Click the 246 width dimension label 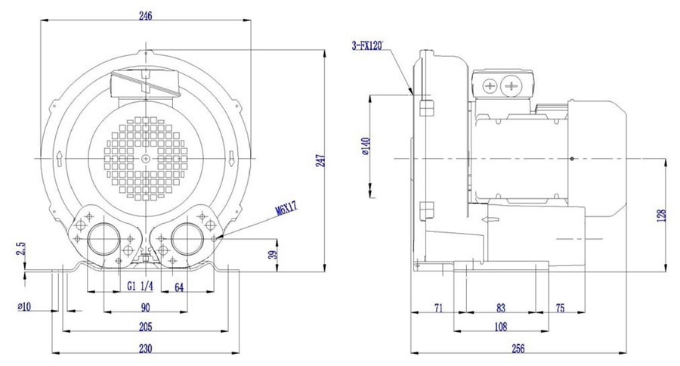[146, 16]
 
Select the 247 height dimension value [321, 160]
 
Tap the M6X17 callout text [286, 209]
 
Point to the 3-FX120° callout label [368, 45]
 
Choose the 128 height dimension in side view [661, 216]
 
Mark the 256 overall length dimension [518, 348]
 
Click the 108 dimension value [500, 326]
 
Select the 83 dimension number [501, 308]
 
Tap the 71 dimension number [438, 308]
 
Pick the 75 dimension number [561, 308]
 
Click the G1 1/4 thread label [140, 287]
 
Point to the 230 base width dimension [146, 348]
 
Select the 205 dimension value [146, 326]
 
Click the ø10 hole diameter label [24, 307]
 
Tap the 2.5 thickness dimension [22, 249]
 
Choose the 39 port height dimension [272, 254]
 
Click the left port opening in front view [104, 239]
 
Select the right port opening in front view [187, 239]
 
